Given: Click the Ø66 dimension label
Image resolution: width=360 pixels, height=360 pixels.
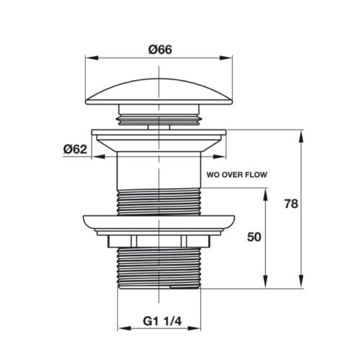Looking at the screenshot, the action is click(160, 50).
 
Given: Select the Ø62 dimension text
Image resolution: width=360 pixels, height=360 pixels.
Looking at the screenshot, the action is click(75, 149).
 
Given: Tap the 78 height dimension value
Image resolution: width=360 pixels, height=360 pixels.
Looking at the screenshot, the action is click(291, 204).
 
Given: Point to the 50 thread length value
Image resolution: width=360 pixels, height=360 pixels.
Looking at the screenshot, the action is click(254, 237).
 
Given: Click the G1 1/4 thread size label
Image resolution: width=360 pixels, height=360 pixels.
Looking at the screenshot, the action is click(162, 321).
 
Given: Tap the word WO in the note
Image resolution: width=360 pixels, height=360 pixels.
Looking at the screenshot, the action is click(212, 175).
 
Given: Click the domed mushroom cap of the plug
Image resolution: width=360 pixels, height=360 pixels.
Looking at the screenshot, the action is click(159, 92).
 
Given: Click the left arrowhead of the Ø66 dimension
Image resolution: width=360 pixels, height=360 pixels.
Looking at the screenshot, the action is click(92, 58).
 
